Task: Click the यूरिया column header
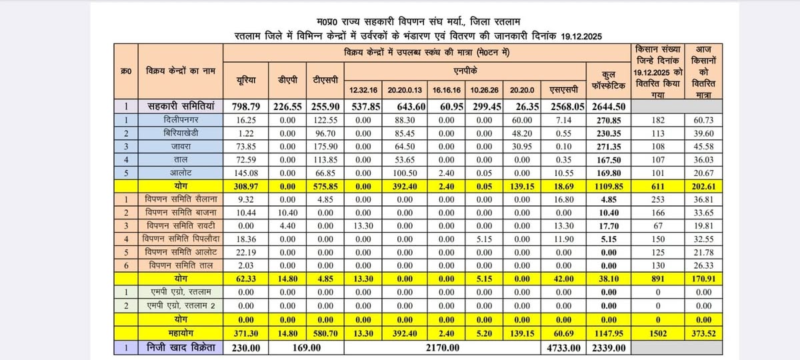[x=247, y=80]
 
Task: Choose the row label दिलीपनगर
[x=180, y=119]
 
